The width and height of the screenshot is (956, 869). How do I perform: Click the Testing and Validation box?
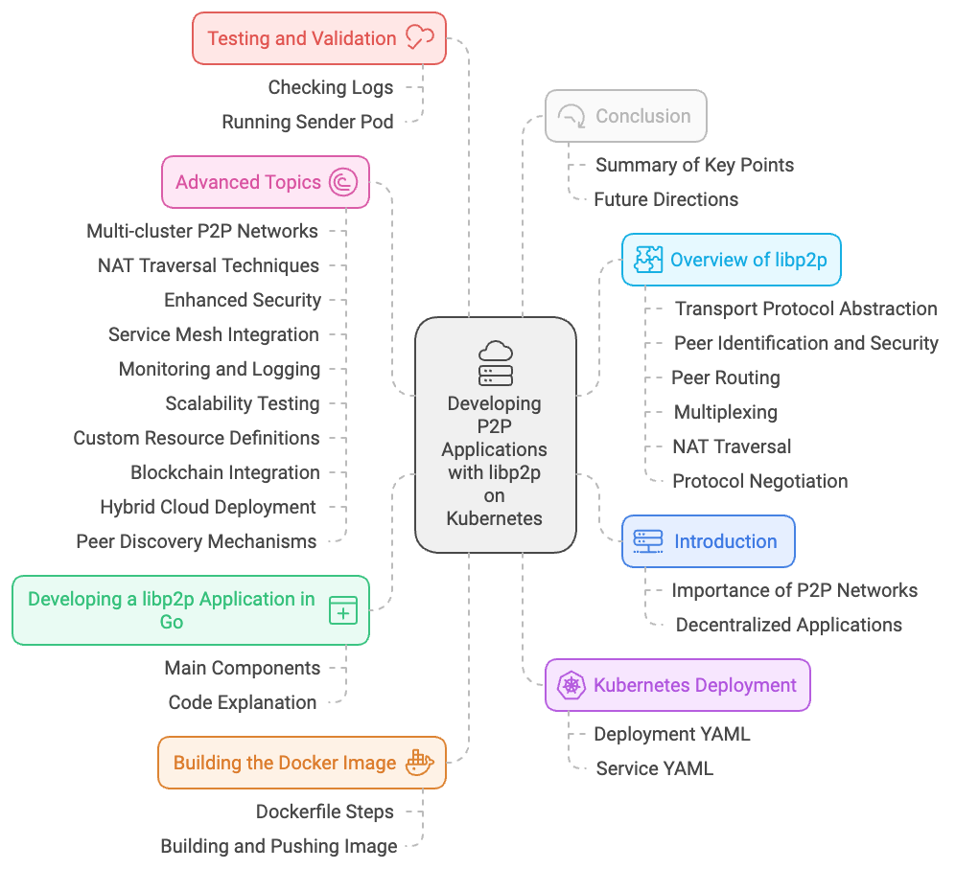tap(318, 38)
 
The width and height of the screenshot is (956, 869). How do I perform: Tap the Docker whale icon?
tap(420, 763)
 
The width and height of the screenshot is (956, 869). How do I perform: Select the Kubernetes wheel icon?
tap(571, 685)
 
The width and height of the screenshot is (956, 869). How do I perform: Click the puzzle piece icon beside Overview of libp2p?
tap(648, 260)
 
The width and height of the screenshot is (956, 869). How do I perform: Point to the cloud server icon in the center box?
tap(495, 363)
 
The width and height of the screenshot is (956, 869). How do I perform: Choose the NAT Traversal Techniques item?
tap(208, 265)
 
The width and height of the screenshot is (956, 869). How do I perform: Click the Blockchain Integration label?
tap(225, 472)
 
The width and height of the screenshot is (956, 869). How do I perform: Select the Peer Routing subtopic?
tap(725, 377)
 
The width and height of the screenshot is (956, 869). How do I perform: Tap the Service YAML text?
tap(654, 768)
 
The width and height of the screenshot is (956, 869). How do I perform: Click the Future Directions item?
tap(665, 199)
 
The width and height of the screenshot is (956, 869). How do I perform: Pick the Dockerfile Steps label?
tap(324, 812)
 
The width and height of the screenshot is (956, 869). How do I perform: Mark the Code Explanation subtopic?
tap(242, 702)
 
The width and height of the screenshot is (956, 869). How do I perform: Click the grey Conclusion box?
tap(625, 116)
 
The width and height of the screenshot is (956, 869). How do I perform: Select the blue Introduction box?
tap(708, 541)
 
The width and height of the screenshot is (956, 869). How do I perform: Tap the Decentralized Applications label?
tap(788, 625)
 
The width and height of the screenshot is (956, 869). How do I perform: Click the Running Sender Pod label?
tap(307, 122)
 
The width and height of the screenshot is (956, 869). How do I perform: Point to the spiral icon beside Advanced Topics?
tap(342, 182)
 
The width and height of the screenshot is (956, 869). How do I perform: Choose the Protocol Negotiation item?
tap(759, 481)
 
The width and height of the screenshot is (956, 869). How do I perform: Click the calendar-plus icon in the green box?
tap(342, 610)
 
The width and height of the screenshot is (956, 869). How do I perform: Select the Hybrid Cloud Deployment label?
tap(208, 507)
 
